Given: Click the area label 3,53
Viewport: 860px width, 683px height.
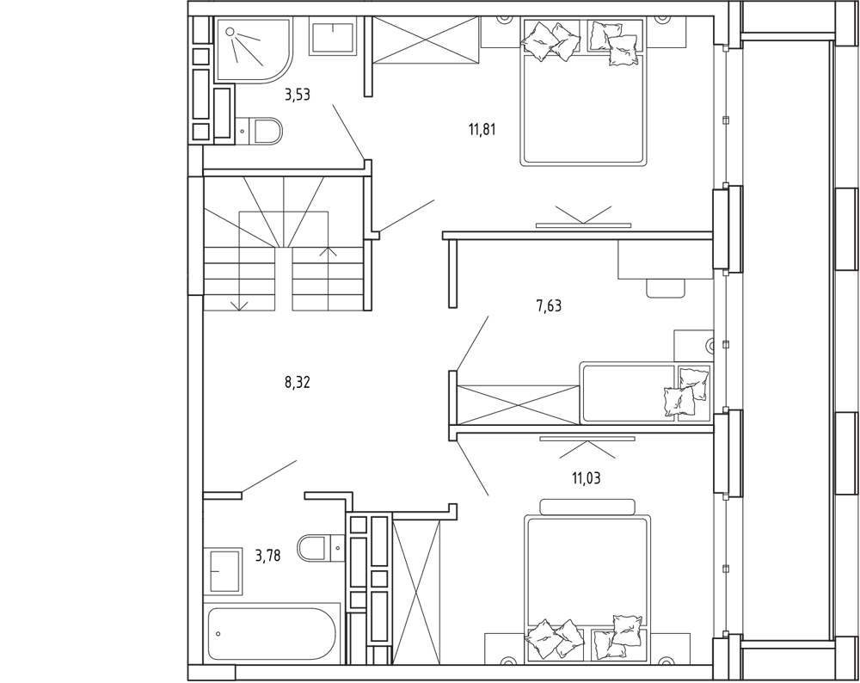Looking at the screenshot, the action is [x=298, y=95].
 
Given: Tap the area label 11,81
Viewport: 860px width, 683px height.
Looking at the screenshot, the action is [x=482, y=131].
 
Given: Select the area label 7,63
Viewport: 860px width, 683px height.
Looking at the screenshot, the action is [x=549, y=306].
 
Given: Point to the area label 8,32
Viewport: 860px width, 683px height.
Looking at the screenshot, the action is [x=298, y=383].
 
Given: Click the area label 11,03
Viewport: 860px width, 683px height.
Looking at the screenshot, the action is [x=587, y=478].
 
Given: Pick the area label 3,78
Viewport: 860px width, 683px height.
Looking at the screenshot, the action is [x=267, y=557].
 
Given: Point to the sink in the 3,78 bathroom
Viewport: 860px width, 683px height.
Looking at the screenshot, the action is [x=224, y=570].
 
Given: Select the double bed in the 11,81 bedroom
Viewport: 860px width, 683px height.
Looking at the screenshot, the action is [x=582, y=92].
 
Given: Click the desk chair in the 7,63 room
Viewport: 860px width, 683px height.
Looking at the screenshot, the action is [x=666, y=288].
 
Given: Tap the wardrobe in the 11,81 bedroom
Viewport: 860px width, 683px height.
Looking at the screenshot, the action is [x=427, y=39].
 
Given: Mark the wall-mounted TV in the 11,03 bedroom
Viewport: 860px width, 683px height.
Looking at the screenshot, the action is [x=587, y=439].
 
